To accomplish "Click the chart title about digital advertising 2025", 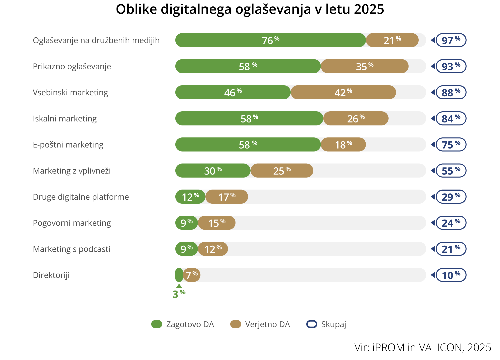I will (250, 9).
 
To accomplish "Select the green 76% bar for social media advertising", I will (270, 40).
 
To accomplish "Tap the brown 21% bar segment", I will (392, 40).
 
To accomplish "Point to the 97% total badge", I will (451, 40).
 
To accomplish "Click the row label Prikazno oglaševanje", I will (72, 66).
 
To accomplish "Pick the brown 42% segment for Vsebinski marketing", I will (343, 92).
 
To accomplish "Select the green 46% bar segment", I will (233, 92).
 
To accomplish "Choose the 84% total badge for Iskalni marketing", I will (451, 119).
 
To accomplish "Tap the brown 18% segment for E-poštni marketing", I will (343, 145).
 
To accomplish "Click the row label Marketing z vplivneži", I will (72, 171).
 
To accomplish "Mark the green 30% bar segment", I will (213, 171).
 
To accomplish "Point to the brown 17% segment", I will (227, 197).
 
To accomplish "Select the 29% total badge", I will (451, 197).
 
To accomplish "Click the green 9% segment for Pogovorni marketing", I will (187, 223).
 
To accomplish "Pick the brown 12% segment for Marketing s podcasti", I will (213, 249).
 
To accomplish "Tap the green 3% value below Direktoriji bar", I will (179, 294).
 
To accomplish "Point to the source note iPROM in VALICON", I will (423, 347).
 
